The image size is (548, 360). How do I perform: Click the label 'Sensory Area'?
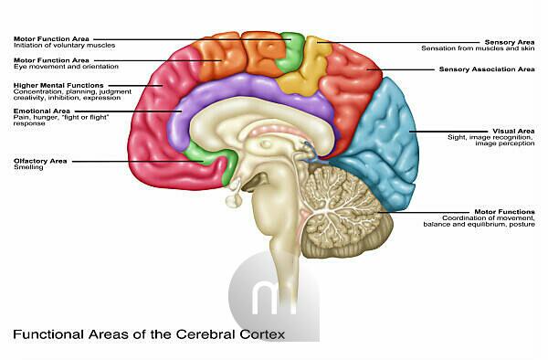(510, 42)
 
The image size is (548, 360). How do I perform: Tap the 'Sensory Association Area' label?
(487, 69)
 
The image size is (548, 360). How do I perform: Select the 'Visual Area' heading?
(513, 131)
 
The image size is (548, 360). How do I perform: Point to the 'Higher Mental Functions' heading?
(58, 85)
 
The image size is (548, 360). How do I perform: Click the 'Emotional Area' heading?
(42, 111)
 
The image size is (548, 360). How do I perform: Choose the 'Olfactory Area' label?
(40, 161)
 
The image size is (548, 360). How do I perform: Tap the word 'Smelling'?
(28, 167)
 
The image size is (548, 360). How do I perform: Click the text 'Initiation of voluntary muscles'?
(64, 46)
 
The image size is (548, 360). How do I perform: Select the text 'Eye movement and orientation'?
(66, 67)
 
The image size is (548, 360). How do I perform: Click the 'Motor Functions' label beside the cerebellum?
(504, 212)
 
